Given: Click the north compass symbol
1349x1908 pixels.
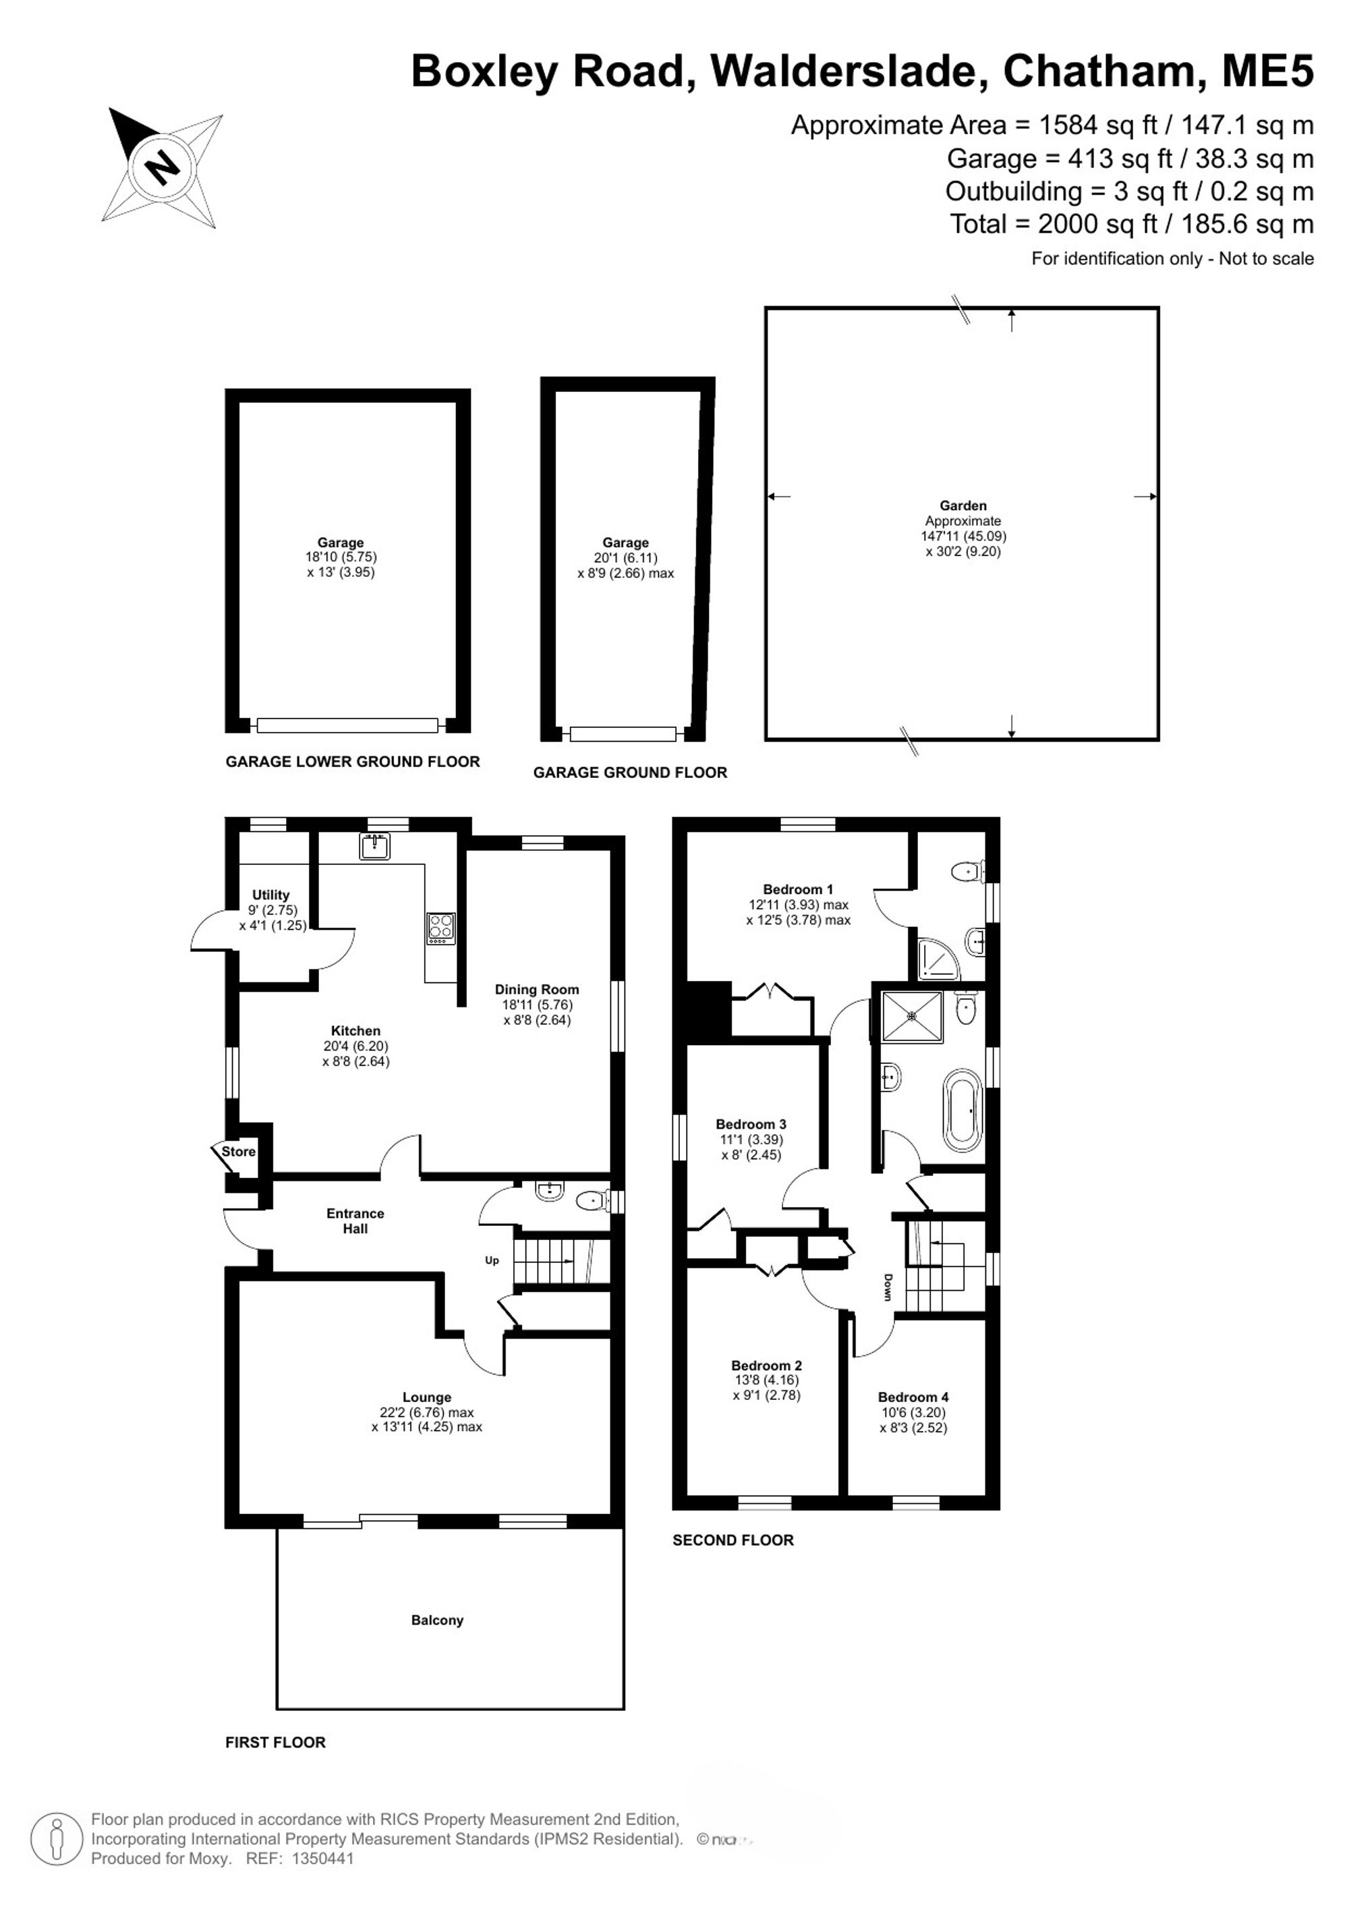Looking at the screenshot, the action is click(163, 168).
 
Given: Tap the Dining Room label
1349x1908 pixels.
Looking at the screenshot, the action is click(537, 989).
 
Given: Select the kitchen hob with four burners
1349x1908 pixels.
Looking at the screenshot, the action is click(441, 928).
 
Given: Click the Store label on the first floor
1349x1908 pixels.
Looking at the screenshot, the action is click(238, 1151).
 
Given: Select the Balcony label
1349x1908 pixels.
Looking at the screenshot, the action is click(437, 1620).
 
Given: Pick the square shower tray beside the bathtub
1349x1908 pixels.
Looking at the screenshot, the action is click(912, 1015).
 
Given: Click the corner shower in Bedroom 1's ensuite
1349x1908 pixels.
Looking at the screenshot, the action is click(938, 957).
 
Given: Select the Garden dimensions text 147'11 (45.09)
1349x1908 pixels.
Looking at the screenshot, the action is click(964, 536).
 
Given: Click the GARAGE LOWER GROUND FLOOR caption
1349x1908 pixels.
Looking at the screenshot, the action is click(353, 761).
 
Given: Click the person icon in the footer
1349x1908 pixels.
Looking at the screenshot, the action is click(57, 1839).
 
